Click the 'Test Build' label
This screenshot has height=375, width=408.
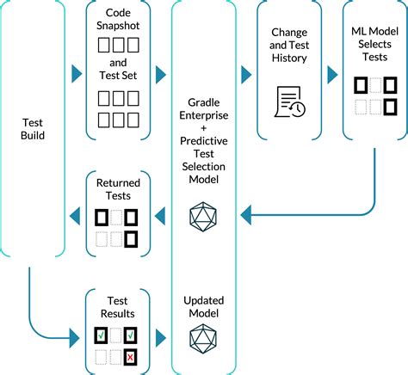pyautogui.click(x=34, y=127)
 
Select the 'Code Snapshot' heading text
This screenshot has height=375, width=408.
pyautogui.click(x=118, y=22)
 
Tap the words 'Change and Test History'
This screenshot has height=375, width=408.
pyautogui.click(x=288, y=48)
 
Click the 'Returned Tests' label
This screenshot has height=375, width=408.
pyautogui.click(x=118, y=189)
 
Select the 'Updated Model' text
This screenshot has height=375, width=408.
pyautogui.click(x=204, y=309)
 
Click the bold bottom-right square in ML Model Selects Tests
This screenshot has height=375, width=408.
pyautogui.click(x=389, y=107)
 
